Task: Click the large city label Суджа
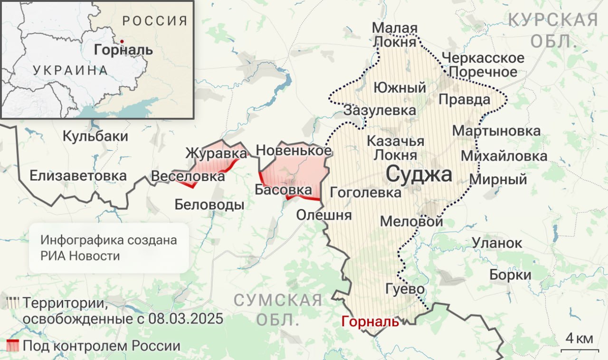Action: click(418, 174)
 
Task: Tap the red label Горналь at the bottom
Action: click(370, 321)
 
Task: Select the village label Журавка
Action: click(216, 153)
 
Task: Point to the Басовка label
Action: click(283, 190)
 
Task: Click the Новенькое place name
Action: click(294, 151)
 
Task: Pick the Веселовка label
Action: click(188, 176)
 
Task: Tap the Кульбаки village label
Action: click(95, 136)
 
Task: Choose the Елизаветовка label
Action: click(78, 176)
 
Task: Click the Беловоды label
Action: click(209, 205)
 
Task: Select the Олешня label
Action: click(324, 215)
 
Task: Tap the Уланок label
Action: click(497, 243)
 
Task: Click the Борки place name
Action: click(510, 275)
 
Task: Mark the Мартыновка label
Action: click(496, 131)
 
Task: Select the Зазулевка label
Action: click(380, 111)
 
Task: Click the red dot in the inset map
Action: click(122, 41)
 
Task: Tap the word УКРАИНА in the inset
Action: click(70, 70)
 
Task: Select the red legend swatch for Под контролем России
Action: click(13, 346)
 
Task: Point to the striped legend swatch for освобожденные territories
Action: click(13, 303)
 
